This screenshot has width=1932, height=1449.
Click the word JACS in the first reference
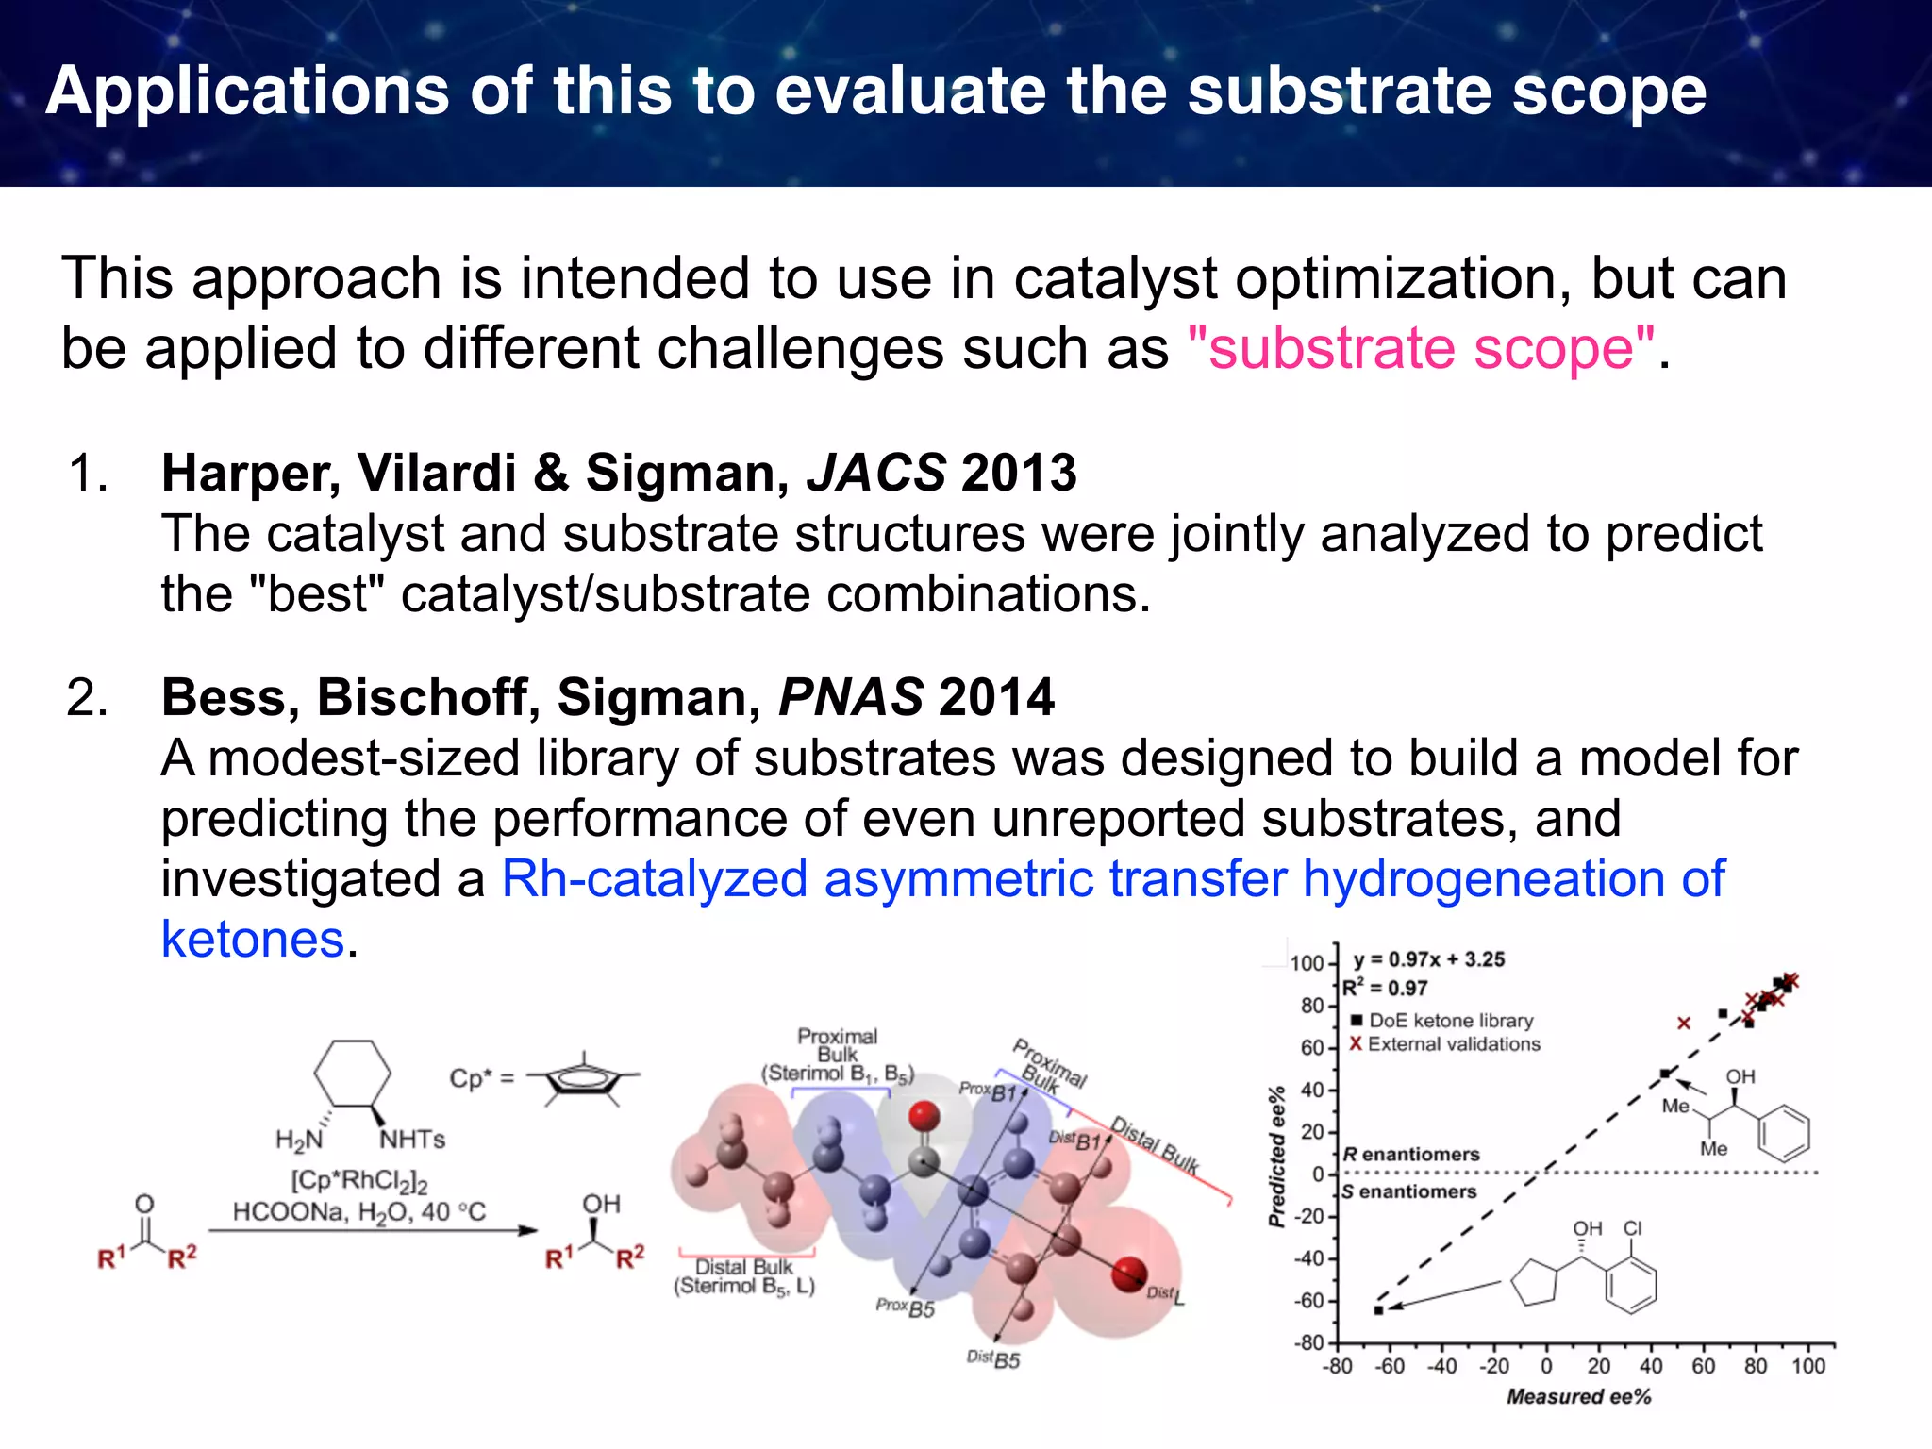tap(875, 473)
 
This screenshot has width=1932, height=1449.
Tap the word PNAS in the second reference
tap(850, 697)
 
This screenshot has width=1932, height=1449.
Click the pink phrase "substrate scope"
tap(1421, 348)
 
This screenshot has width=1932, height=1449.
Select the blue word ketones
tap(253, 940)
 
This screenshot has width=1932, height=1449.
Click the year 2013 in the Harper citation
tap(1019, 473)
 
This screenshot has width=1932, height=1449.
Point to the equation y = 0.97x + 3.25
tap(1428, 959)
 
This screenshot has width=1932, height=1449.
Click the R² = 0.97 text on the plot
tap(1385, 988)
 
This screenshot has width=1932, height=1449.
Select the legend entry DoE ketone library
tap(1450, 1021)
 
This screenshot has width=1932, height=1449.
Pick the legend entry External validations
tap(1453, 1044)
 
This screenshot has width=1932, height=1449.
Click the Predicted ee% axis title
tap(1276, 1157)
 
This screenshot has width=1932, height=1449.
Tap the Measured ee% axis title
tap(1578, 1396)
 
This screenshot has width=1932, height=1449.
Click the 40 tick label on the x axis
tap(1651, 1366)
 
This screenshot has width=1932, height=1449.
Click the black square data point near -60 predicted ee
tap(1378, 1310)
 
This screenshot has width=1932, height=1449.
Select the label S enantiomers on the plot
tap(1409, 1192)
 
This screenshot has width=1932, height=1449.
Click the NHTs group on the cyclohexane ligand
tap(411, 1140)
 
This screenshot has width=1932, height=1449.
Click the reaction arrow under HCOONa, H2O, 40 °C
tap(373, 1230)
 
